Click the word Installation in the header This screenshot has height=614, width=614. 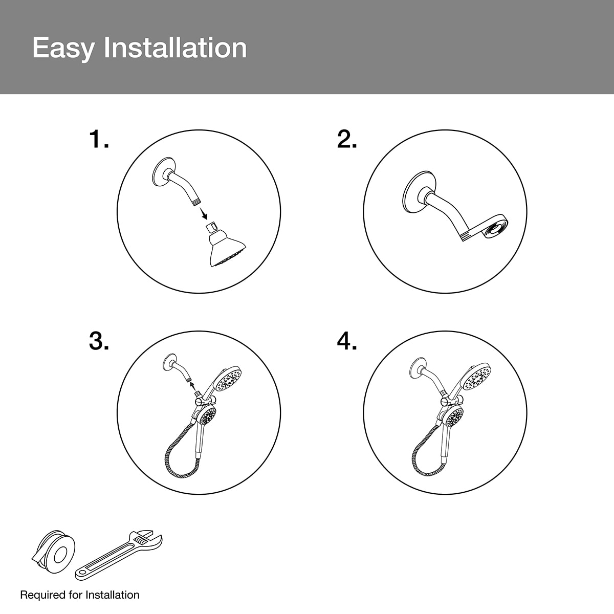(x=176, y=48)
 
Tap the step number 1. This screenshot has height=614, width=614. (x=99, y=139)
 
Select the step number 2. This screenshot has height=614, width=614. (x=347, y=139)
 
